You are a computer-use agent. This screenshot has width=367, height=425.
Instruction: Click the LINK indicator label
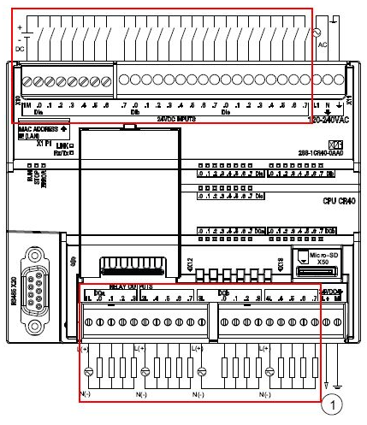point(60,145)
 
